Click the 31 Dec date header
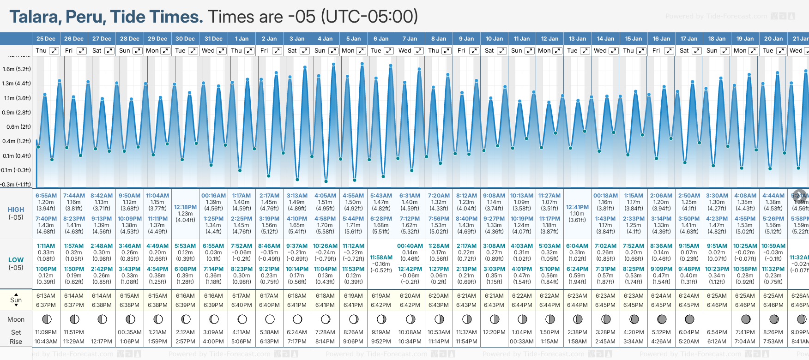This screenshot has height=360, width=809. pyautogui.click(x=213, y=39)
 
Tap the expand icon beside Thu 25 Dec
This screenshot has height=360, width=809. pyautogui.click(x=54, y=51)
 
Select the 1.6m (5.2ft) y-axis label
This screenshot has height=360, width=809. pyautogui.click(x=17, y=69)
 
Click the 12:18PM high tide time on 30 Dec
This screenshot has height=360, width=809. pyautogui.click(x=185, y=207)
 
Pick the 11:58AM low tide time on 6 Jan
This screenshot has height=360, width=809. pyautogui.click(x=381, y=258)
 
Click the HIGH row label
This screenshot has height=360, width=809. pyautogui.click(x=16, y=210)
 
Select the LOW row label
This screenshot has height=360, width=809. pyautogui.click(x=16, y=260)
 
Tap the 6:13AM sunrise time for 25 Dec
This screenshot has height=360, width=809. pyautogui.click(x=46, y=296)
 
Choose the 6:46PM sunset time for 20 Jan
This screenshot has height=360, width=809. pyautogui.click(x=773, y=305)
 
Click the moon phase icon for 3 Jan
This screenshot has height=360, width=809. pyautogui.click(x=297, y=319)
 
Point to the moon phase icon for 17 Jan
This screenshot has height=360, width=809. pyautogui.click(x=689, y=319)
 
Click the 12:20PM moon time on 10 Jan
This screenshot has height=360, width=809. pyautogui.click(x=494, y=332)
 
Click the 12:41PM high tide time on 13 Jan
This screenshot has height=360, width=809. pyautogui.click(x=577, y=207)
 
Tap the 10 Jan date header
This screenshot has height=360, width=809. pyautogui.click(x=494, y=39)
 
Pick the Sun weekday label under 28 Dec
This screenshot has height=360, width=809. pyautogui.click(x=125, y=51)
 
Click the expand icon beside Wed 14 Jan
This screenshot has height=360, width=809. pyautogui.click(x=614, y=51)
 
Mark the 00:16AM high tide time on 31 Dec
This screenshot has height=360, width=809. pyautogui.click(x=213, y=196)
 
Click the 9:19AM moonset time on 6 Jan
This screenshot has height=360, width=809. pyautogui.click(x=381, y=332)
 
